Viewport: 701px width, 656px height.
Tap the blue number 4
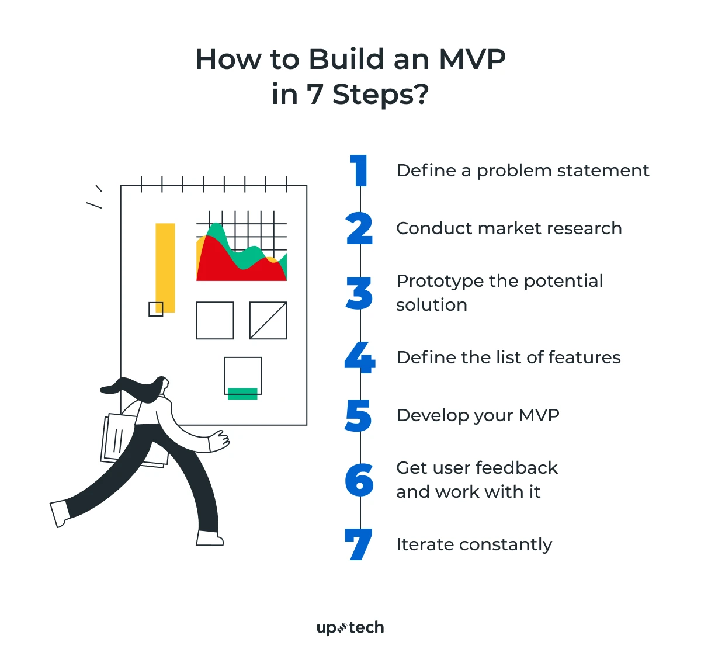pos(360,357)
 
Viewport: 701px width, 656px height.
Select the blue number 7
pos(359,544)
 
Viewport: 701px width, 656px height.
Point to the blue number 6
pos(359,480)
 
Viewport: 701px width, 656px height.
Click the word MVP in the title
pos(472,60)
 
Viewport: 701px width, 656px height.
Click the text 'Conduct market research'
pos(509,228)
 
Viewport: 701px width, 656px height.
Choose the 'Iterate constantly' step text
pos(474,544)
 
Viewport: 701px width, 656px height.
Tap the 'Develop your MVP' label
pos(478,415)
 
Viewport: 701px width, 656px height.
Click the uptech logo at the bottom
pos(350,628)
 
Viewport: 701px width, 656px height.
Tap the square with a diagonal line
pos(268,320)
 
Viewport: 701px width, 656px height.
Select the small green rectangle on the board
pos(242,394)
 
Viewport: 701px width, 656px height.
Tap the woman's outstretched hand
pos(220,441)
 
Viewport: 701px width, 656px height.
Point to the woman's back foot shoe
pos(60,513)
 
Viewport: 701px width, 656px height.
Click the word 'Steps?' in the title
pos(380,95)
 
